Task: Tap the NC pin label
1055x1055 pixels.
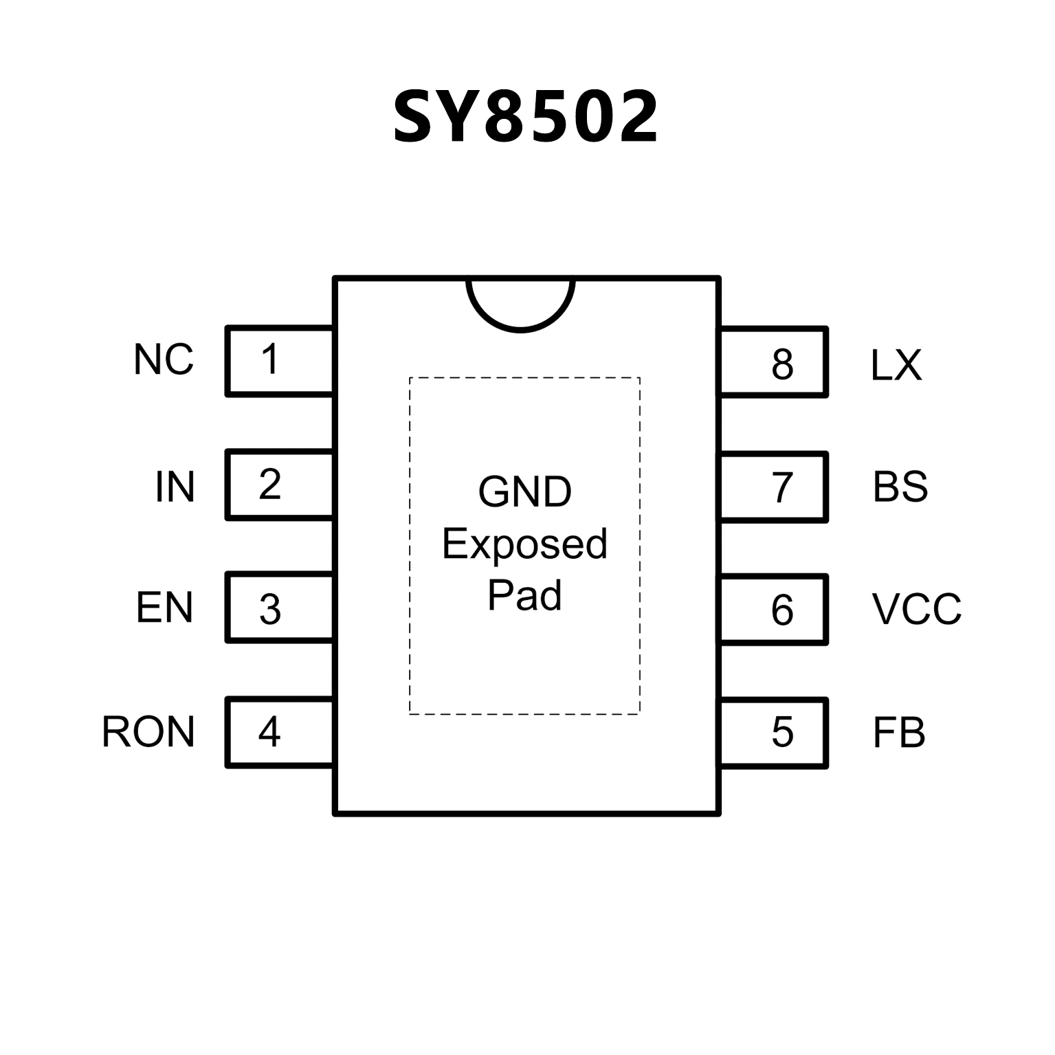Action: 164,359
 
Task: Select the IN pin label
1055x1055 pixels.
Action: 175,487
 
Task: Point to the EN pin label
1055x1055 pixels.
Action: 164,608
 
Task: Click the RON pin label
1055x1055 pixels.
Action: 148,732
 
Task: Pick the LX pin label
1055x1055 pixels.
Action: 896,365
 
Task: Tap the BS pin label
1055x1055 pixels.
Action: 900,487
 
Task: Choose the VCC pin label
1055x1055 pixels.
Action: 917,609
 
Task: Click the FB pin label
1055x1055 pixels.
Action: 899,733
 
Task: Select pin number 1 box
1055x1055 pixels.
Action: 279,361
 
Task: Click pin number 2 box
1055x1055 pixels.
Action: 279,485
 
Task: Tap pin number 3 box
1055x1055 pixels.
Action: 279,608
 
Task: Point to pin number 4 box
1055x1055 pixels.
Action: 279,732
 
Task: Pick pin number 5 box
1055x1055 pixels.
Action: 773,733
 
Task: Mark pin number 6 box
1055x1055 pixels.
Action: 773,610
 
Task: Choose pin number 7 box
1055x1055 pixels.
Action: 773,487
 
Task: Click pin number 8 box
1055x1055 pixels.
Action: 773,363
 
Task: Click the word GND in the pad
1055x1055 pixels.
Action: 525,492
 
